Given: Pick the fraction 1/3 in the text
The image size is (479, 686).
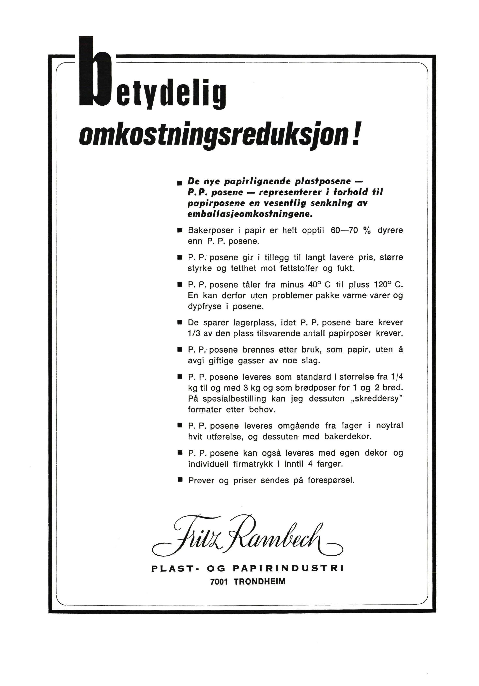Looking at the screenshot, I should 194,333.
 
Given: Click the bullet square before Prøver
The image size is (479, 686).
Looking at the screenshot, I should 180,480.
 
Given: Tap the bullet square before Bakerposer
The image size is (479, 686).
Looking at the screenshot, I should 180,230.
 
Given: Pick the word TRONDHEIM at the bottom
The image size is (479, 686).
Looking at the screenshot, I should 260,581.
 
